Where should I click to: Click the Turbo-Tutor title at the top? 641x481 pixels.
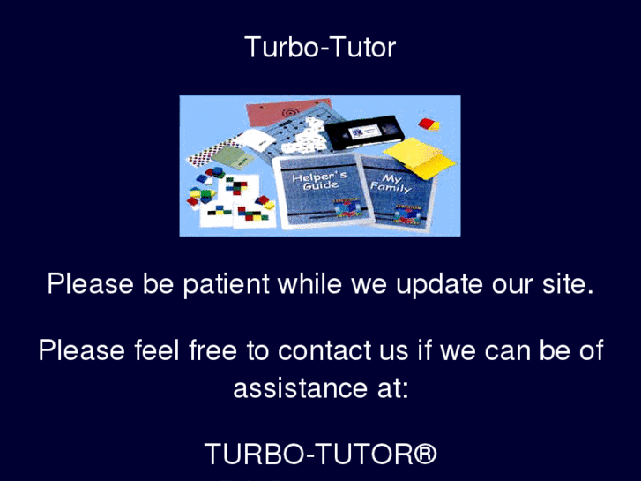click(320, 47)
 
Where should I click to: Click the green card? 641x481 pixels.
click(232, 157)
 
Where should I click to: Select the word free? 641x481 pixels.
click(212, 350)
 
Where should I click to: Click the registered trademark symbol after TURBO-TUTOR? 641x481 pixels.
click(424, 453)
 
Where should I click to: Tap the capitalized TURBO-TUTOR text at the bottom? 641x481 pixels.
click(308, 454)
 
